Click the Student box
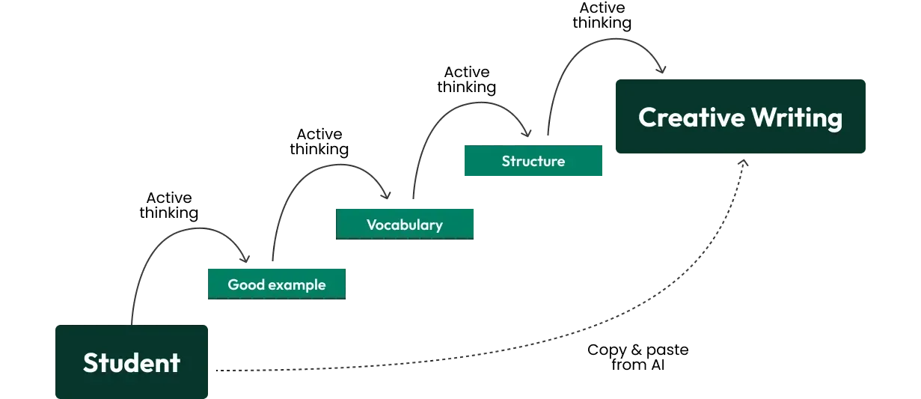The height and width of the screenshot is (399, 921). (131, 362)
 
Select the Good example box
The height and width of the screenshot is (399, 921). (275, 282)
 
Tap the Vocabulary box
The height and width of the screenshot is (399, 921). (406, 223)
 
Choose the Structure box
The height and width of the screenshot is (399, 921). (532, 161)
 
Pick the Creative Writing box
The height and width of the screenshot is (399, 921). (739, 117)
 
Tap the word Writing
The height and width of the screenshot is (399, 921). (797, 118)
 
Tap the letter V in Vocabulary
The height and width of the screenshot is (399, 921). (371, 224)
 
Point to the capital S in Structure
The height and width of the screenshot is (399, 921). (506, 161)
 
